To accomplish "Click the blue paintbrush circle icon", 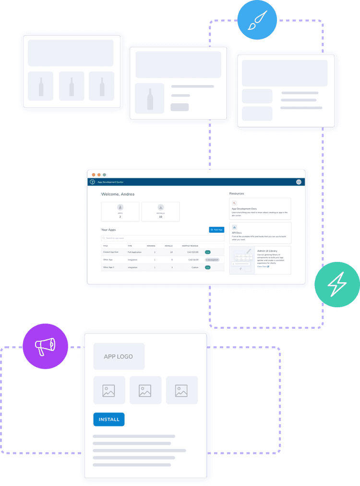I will tap(257, 21).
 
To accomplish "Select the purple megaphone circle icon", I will tap(46, 346).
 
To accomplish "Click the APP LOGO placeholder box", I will tap(119, 357).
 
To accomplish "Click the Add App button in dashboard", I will tap(216, 230).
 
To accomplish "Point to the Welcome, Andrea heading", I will tap(118, 194).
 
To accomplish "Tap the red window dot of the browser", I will tap(94, 174).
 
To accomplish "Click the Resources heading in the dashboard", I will tap(237, 194).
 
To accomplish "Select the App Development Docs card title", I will tap(244, 209).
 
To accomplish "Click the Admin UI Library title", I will tap(268, 250).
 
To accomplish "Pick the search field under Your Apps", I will tap(162, 238).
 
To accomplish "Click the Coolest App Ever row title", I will tap(111, 252).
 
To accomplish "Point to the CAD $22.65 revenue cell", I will tap(192, 252).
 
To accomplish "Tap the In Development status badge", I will tap(212, 260).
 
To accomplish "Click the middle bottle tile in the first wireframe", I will tap(72, 87).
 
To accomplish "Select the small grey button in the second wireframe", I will tap(180, 107).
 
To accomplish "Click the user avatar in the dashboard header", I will tap(299, 182).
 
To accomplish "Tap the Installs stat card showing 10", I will tap(160, 212).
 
